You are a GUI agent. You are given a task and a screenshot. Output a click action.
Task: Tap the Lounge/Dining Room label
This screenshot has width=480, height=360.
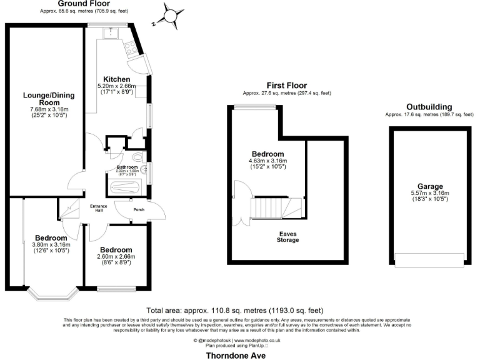point(45,98)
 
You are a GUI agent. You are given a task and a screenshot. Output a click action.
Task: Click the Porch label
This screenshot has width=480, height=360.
point(139,209)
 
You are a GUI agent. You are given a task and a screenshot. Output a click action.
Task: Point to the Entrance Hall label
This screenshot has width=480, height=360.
point(99,209)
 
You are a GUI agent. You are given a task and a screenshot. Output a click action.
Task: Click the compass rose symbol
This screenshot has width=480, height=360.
point(170,15)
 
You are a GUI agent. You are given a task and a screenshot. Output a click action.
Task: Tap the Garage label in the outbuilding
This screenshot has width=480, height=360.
point(431,186)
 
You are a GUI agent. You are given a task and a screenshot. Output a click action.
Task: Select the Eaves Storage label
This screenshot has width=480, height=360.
point(288,237)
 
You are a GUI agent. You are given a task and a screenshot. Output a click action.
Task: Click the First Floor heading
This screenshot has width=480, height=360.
point(286,86)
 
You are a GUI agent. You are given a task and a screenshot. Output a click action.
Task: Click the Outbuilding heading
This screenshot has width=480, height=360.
point(429,107)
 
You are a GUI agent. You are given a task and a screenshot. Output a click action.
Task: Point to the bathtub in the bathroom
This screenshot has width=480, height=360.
point(126,186)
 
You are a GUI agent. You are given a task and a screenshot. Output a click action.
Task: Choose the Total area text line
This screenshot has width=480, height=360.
point(234,310)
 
